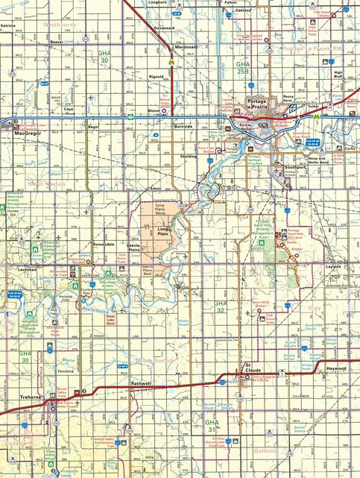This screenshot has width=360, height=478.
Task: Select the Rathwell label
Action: coord(140,383)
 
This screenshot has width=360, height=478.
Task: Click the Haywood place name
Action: coord(336,368)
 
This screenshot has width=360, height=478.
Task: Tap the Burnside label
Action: coord(183,127)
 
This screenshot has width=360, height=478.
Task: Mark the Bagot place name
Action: coord(94,128)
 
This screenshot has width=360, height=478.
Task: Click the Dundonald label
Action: coord(164,28)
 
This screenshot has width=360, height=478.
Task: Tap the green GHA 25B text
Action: coord(242,66)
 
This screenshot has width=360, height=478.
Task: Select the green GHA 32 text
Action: coord(221,306)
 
